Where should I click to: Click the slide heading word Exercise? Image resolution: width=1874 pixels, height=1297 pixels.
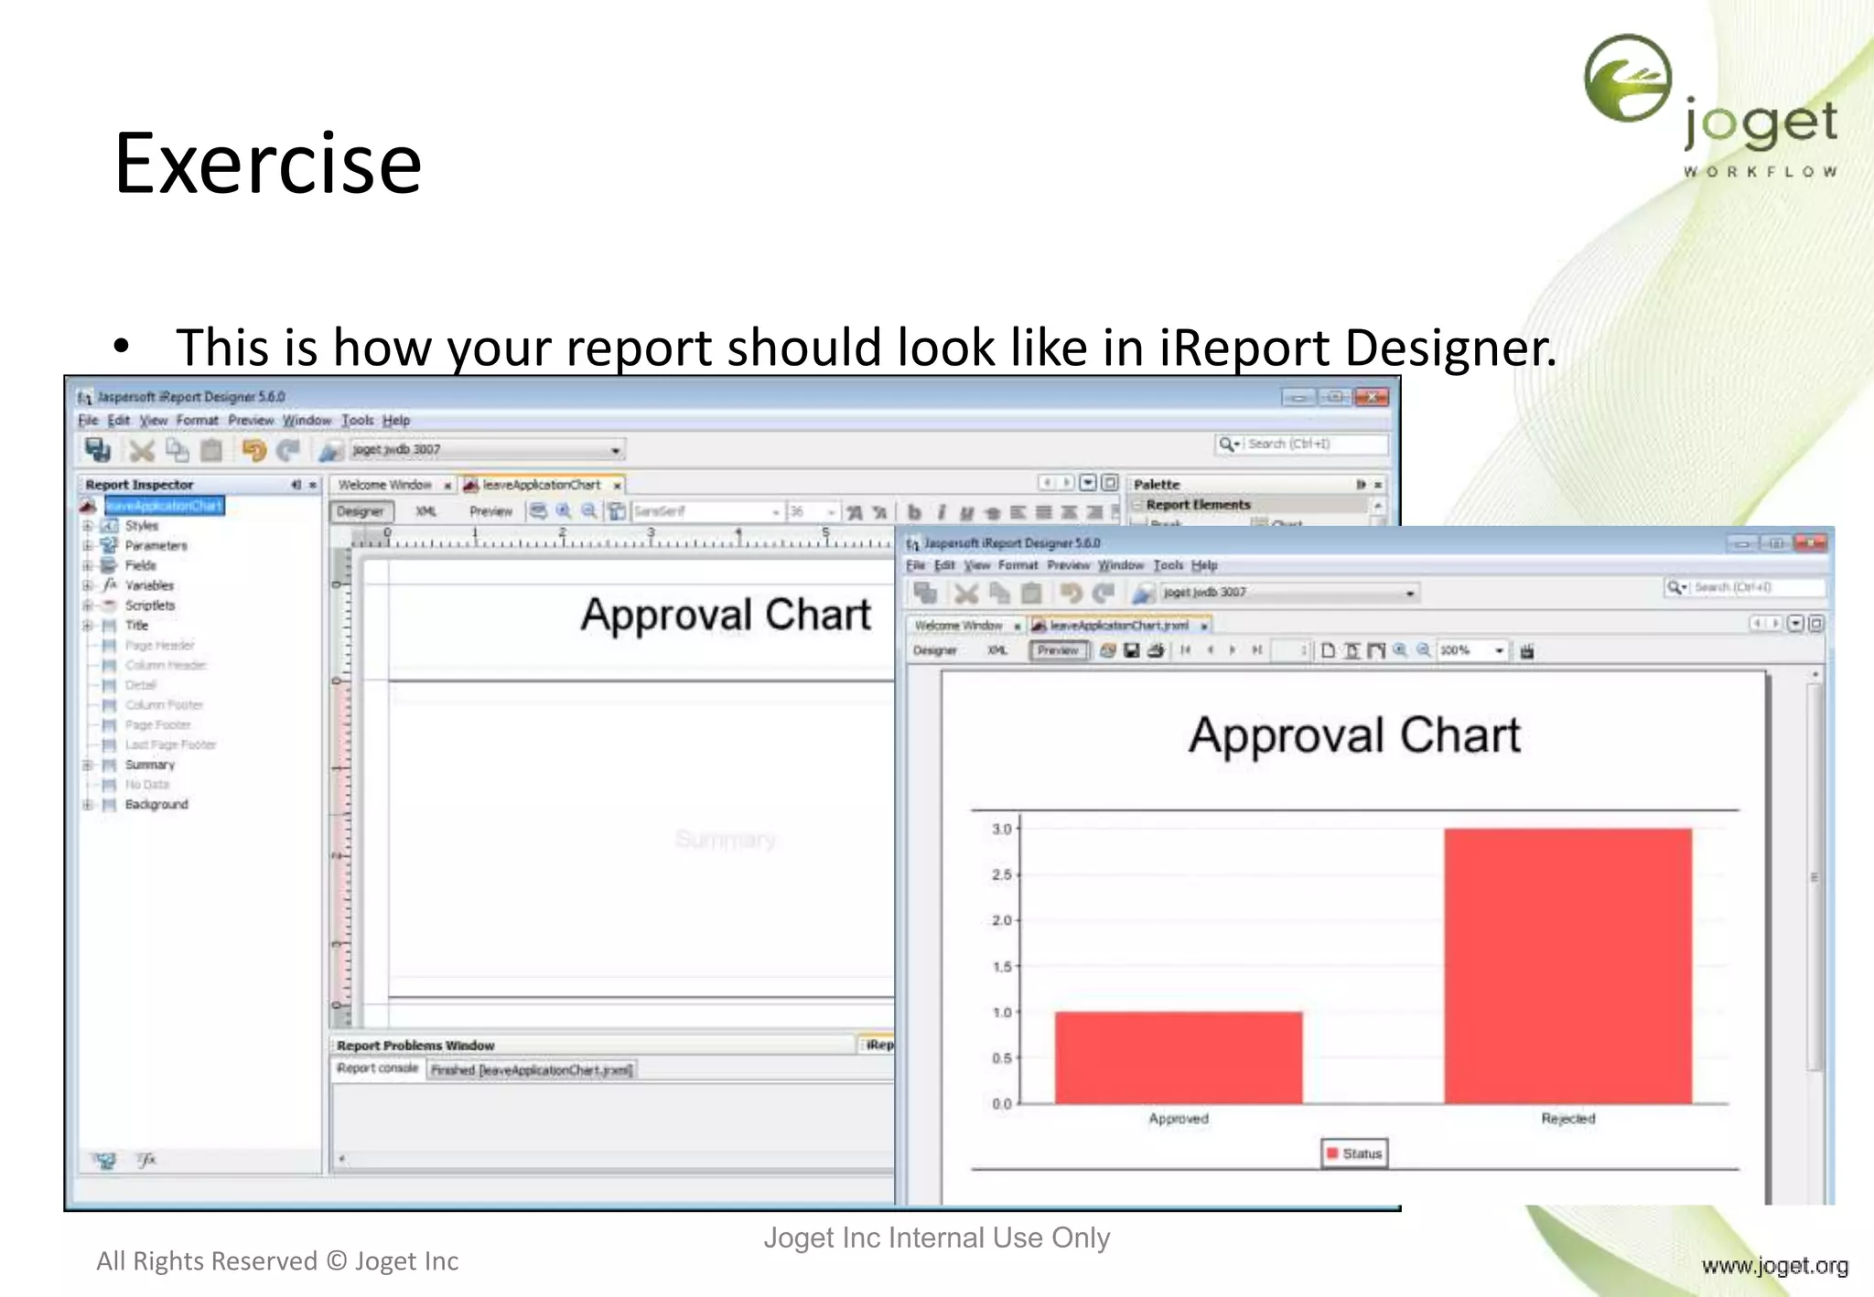267,164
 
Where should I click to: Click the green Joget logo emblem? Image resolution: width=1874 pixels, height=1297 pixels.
1628,78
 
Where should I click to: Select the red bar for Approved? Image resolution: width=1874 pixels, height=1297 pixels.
1178,1057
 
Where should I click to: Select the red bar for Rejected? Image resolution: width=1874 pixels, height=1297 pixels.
1567,966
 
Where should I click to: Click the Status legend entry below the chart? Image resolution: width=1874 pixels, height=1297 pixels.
1354,1153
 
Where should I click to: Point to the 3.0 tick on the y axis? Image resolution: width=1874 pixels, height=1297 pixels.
1003,829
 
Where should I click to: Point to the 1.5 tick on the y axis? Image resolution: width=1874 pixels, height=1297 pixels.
1003,967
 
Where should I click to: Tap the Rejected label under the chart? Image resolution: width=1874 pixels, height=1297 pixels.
1567,1119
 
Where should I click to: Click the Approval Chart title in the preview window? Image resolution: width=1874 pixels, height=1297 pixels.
1354,735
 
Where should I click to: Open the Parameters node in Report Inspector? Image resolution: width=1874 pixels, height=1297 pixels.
156,545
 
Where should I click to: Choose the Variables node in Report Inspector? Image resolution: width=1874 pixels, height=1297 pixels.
149,585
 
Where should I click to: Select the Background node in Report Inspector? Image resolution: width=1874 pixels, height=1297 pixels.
156,805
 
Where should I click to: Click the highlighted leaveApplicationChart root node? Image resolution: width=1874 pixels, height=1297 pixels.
164,506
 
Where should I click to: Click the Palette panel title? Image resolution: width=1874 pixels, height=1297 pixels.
1157,485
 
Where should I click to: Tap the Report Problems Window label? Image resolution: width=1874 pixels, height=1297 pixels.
415,1045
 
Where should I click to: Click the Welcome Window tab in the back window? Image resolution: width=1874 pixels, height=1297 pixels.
384,485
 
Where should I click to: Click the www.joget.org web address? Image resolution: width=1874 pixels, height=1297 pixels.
1774,1266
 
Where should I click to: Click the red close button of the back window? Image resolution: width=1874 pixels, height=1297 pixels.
1372,397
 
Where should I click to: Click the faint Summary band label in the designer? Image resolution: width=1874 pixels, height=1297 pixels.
725,839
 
